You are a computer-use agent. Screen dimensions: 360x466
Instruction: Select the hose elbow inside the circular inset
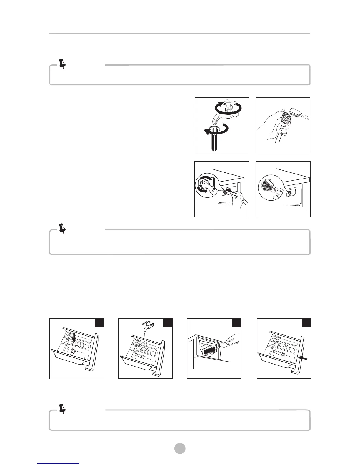(x=208, y=187)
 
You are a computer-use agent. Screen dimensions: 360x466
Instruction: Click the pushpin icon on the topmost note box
(x=62, y=64)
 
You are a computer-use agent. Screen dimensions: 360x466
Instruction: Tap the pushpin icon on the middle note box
(x=62, y=229)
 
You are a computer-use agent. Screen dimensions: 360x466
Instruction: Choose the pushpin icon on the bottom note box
(x=62, y=409)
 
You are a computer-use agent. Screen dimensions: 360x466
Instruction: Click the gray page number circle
(x=180, y=448)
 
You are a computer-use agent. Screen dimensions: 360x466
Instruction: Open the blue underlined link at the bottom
(x=59, y=464)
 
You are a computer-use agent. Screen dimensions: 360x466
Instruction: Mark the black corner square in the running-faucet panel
(x=167, y=323)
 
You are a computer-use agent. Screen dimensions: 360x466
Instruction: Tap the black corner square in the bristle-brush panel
(x=236, y=323)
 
